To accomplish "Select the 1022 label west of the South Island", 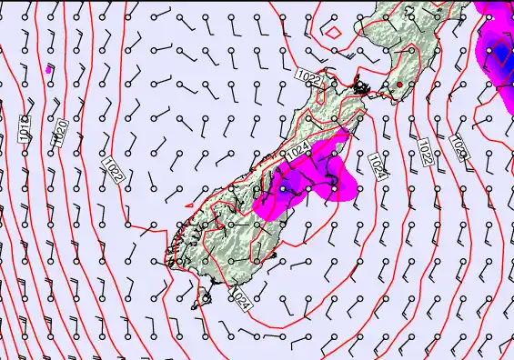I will pyautogui.click(x=113, y=167).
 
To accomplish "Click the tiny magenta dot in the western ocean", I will pyautogui.click(x=47, y=68).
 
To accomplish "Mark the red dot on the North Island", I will pyautogui.click(x=398, y=85).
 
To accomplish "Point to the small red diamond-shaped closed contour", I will pyautogui.click(x=334, y=32).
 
